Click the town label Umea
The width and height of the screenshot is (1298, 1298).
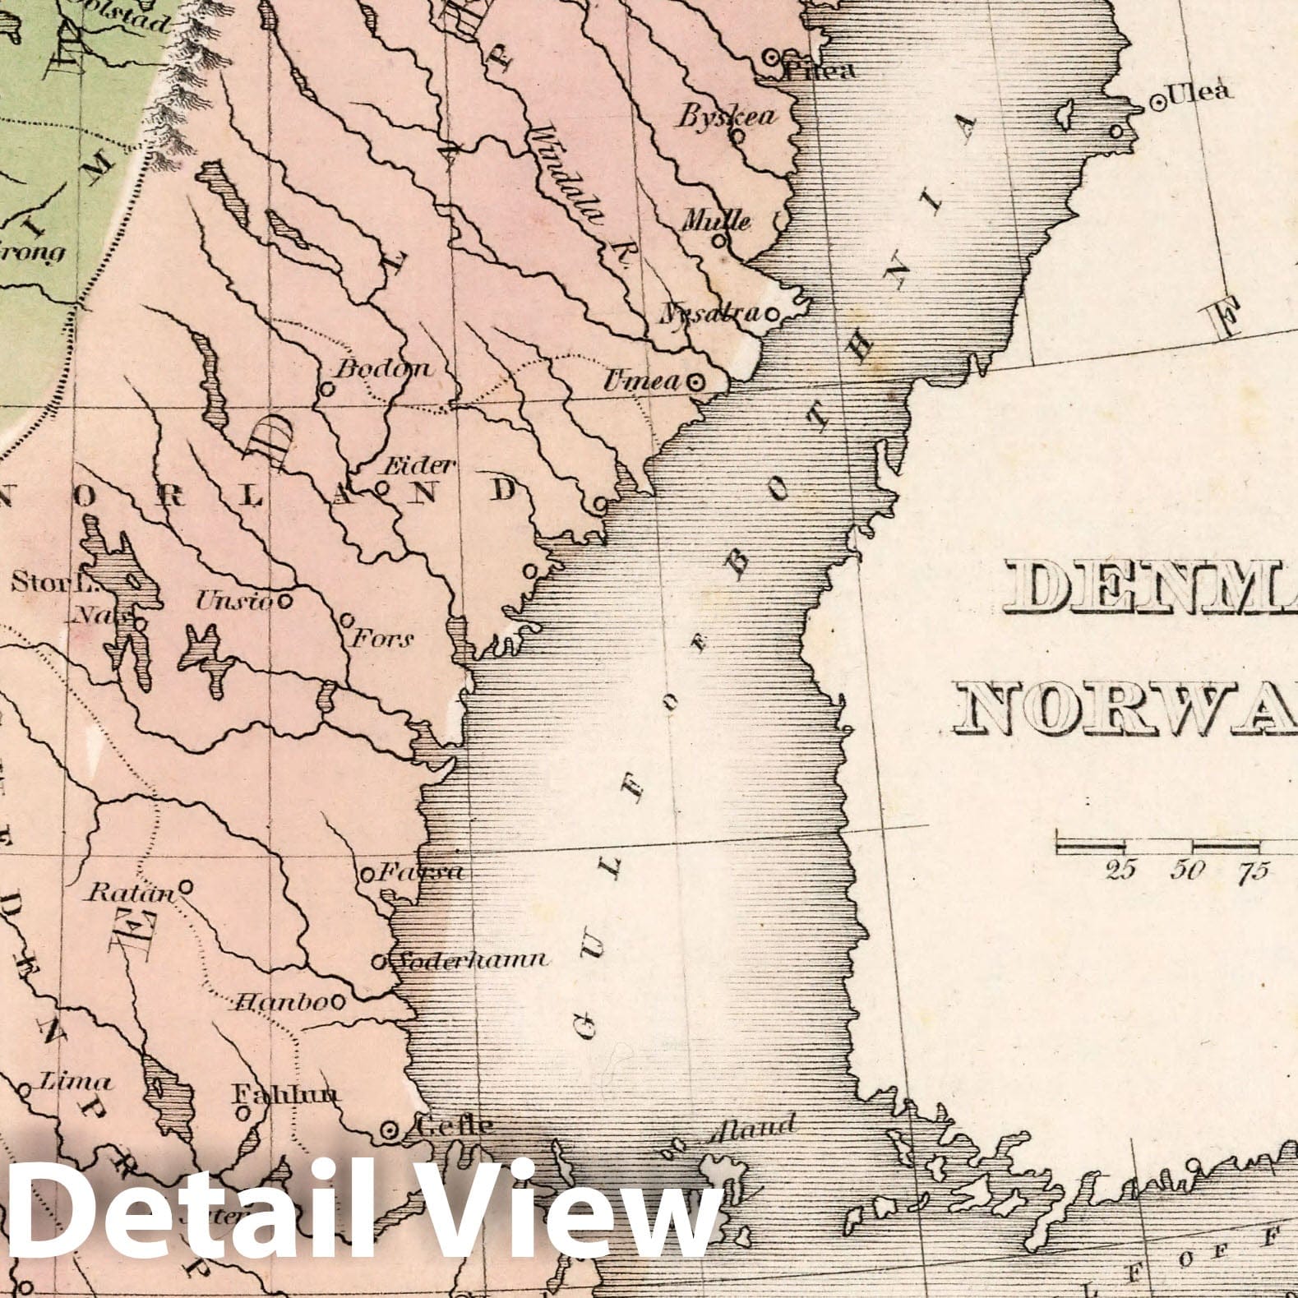pos(642,381)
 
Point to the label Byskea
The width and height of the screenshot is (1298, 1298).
pos(725,116)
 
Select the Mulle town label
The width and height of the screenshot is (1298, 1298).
pos(717,221)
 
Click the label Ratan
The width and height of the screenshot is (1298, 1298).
pos(131,893)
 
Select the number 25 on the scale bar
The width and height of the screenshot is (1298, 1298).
pos(1120,870)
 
